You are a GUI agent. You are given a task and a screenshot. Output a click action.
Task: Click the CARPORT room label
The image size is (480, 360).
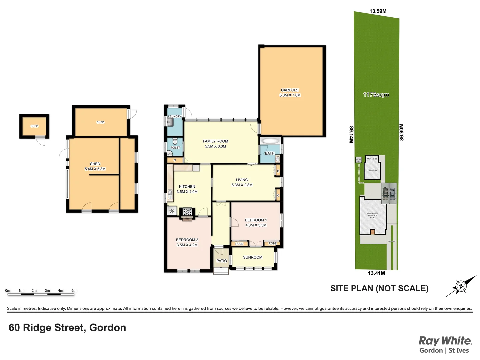[290, 90]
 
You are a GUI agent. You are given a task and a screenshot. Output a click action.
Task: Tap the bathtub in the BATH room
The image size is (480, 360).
[269, 141]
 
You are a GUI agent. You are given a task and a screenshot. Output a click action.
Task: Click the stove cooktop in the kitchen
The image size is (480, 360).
[187, 211]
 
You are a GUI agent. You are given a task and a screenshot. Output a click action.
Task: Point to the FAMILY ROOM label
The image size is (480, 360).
[215, 141]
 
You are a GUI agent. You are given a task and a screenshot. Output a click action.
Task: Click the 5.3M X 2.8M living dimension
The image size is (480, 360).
[242, 185]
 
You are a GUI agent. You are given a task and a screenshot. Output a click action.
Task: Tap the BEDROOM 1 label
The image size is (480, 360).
[256, 220]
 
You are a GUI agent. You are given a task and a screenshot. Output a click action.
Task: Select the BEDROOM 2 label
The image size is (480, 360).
[187, 240]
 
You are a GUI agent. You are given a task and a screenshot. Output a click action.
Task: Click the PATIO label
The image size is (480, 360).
[222, 261]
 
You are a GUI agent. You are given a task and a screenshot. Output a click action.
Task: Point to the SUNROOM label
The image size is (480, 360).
[253, 257]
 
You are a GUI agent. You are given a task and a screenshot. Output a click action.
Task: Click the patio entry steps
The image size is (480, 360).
[221, 271]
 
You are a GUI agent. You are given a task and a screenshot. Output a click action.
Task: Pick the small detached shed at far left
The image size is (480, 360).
[34, 126]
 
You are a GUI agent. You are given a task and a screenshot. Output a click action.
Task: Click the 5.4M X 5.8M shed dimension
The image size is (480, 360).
[95, 169]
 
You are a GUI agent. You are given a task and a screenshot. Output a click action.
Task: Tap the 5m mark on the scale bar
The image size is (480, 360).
[74, 291]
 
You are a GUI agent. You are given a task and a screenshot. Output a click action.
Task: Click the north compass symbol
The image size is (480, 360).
[461, 286]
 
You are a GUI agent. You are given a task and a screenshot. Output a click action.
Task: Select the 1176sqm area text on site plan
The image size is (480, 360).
[376, 95]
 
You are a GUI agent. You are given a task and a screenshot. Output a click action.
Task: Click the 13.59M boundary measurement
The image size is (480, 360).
[378, 11]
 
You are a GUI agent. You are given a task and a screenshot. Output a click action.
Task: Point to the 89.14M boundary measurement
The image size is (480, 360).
[351, 135]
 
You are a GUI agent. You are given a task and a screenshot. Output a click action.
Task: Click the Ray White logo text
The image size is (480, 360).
[445, 341]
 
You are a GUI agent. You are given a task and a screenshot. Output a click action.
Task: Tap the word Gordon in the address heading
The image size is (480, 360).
[108, 328]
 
